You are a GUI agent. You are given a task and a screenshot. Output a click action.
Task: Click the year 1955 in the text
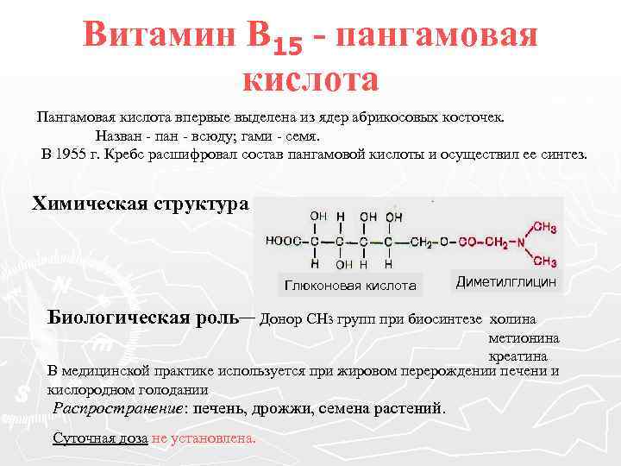tap(71, 154)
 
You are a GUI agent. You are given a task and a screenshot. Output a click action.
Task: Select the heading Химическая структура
tap(140, 204)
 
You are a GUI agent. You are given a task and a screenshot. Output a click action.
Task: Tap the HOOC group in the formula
tap(282, 242)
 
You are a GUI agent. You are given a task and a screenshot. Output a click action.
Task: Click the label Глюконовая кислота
tap(349, 285)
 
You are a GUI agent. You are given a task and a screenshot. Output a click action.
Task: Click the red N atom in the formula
tap(519, 242)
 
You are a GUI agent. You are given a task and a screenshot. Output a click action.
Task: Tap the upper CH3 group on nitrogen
tap(545, 226)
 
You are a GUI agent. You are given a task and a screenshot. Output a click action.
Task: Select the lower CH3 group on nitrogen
tap(545, 261)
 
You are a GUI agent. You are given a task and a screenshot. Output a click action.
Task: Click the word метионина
tap(524, 337)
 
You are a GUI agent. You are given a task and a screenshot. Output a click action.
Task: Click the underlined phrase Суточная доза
tap(100, 438)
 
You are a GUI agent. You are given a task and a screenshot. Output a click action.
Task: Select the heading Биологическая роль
tap(143, 316)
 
